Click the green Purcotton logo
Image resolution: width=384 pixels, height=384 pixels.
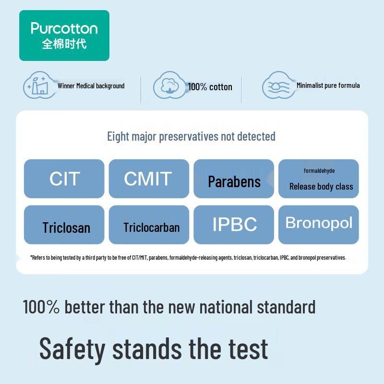point(64,35)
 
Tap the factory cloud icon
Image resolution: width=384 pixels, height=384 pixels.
point(39,85)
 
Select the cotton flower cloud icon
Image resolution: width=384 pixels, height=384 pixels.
point(169,86)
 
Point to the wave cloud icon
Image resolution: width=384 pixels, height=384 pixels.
point(278,86)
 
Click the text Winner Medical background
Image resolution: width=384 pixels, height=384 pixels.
point(91,86)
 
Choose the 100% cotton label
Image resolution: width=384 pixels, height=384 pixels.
point(210,87)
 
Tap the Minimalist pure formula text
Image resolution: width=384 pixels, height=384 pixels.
point(328,85)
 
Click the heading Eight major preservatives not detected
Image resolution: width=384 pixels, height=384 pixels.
point(191,136)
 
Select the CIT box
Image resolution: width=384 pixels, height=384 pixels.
point(64,179)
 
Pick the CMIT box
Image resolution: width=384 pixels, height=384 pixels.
point(149,179)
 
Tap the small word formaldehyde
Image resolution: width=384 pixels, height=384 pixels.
point(319,171)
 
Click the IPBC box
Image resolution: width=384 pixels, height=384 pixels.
point(234,225)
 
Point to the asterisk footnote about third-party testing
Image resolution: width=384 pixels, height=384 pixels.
point(188,258)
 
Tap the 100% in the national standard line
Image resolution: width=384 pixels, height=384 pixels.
point(41,307)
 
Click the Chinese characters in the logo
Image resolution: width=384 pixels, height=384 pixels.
point(64,44)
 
